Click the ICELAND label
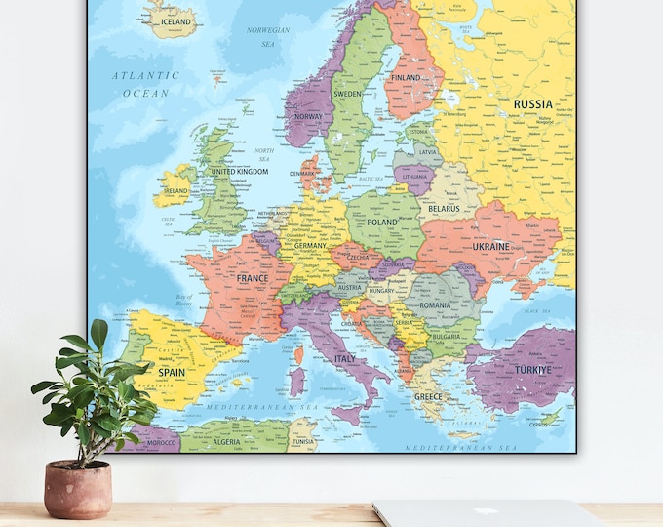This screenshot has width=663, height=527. click(x=175, y=21)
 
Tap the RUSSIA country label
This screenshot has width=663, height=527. click(x=532, y=104)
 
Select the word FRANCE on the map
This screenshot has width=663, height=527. click(x=252, y=278)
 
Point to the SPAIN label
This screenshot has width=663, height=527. click(x=172, y=372)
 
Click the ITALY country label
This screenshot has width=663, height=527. click(x=345, y=359)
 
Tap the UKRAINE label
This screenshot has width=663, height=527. click(x=490, y=247)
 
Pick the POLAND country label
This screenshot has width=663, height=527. click(x=382, y=223)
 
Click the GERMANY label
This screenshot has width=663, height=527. click(x=311, y=247)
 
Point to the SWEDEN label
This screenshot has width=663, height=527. click(x=348, y=95)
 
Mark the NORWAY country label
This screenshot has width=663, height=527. click(x=308, y=116)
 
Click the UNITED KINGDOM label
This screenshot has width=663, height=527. click(x=239, y=172)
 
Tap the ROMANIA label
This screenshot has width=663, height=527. click(x=434, y=305)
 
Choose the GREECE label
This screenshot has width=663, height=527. click(x=428, y=397)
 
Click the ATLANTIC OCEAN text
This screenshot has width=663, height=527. click(x=145, y=84)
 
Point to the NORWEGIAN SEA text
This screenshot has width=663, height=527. click(x=268, y=36)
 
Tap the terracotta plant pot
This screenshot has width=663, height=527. click(x=78, y=489)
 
